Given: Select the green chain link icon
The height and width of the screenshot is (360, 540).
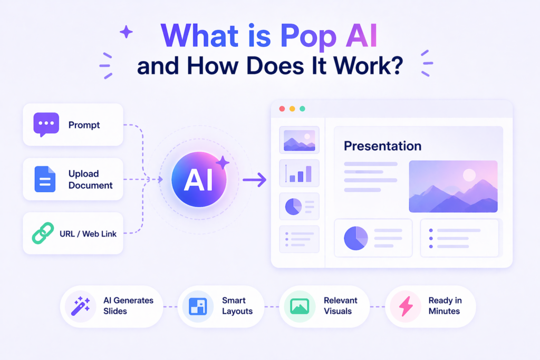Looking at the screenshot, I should point(43,233).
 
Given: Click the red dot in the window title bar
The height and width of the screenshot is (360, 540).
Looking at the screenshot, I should point(282,109).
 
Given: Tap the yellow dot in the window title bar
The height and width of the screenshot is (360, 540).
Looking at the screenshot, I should point(292,109).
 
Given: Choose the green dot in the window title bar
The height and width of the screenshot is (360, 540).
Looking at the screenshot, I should point(302,109).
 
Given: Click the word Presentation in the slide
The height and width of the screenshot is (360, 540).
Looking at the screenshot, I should point(382,146).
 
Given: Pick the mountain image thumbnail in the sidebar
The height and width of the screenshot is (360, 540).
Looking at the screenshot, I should point(299,140).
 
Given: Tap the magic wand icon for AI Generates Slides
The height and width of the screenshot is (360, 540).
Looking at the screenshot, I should point(80,306).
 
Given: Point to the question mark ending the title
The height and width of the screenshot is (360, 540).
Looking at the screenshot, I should point(397,67).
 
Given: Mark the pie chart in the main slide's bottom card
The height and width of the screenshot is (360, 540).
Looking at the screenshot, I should point(356,238).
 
